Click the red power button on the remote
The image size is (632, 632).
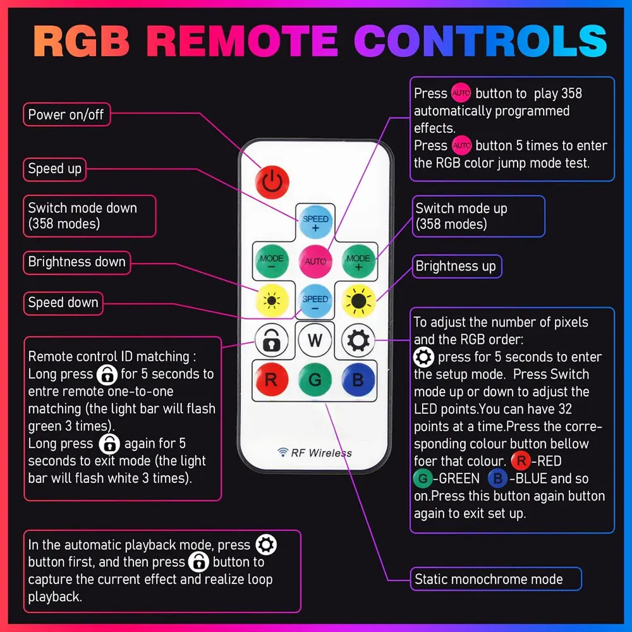(272, 182)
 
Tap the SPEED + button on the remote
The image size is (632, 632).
(315, 222)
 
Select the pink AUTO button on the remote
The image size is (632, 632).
(315, 261)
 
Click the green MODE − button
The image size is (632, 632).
(272, 261)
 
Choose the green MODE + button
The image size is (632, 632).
(358, 261)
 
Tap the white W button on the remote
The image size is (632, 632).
(315, 340)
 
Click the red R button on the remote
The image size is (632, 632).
(272, 379)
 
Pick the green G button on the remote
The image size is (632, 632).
(315, 379)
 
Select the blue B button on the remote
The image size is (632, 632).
(358, 379)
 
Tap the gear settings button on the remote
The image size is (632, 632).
(358, 340)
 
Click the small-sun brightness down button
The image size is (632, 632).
(272, 301)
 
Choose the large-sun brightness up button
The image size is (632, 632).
(358, 301)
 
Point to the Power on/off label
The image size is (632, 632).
(66, 114)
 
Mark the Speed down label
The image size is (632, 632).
(63, 303)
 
